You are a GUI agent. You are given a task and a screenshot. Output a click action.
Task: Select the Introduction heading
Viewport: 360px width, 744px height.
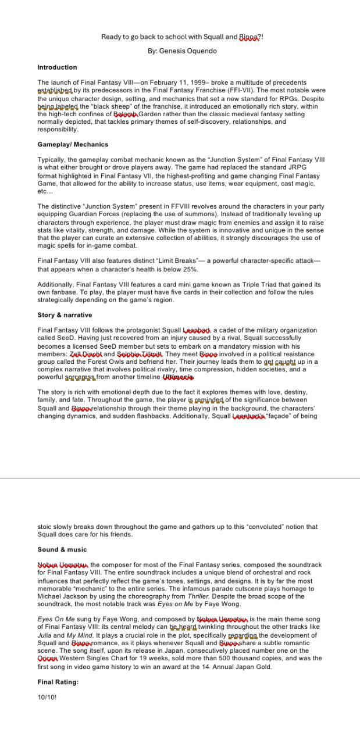click(x=57, y=67)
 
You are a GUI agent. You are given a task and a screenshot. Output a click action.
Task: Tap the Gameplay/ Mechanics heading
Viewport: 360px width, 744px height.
click(x=73, y=144)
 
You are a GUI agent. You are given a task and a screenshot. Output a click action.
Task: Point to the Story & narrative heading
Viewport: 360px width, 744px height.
click(x=65, y=315)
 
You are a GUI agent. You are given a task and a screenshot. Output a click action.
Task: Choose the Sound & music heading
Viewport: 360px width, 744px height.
click(x=62, y=549)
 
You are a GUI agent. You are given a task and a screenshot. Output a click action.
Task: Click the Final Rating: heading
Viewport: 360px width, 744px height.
click(x=58, y=682)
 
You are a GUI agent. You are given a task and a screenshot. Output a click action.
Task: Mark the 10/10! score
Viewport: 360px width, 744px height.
click(x=47, y=697)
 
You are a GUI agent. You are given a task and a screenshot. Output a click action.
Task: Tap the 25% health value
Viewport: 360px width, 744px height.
click(x=190, y=269)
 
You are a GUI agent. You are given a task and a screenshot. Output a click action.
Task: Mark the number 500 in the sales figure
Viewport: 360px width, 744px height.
click(x=213, y=659)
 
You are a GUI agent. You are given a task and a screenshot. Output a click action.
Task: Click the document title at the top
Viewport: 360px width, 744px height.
click(x=182, y=37)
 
